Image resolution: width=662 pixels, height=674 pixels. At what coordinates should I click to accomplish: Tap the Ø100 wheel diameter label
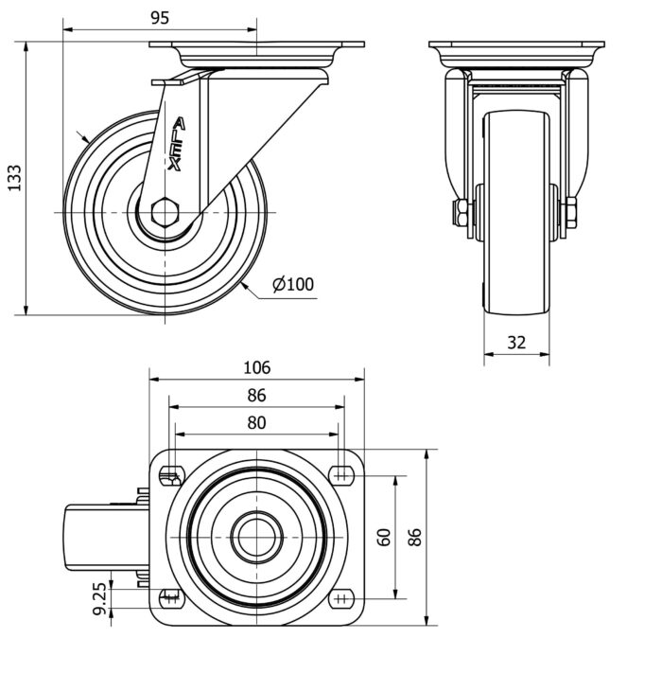pos(293,284)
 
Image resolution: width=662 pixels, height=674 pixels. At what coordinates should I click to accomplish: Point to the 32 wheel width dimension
pos(516,343)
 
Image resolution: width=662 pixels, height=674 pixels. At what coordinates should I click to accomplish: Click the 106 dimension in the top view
pos(256,367)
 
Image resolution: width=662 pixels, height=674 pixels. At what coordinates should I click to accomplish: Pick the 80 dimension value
pos(256,423)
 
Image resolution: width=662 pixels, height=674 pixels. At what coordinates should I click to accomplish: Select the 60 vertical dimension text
pos(384,537)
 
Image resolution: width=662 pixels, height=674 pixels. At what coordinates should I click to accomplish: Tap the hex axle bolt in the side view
pos(167,212)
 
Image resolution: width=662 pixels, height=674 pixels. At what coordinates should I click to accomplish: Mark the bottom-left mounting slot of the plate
pos(171,598)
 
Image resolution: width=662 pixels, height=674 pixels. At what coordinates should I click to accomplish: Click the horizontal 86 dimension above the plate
pos(256,396)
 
